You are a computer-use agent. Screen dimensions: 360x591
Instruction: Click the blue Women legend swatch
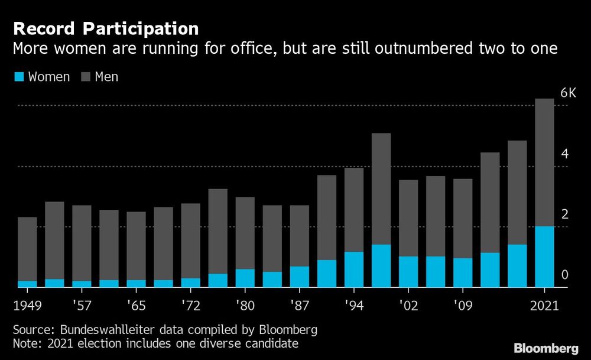click(18, 77)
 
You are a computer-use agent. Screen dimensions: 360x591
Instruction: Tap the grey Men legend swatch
click(84, 77)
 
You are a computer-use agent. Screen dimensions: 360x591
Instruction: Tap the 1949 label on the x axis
click(28, 306)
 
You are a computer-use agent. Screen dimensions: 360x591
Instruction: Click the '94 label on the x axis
click(354, 306)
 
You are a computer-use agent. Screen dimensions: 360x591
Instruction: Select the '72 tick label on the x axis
click(190, 306)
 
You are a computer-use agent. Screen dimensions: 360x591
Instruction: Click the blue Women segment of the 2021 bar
click(544, 257)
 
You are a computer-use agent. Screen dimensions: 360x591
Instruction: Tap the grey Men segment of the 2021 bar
click(544, 162)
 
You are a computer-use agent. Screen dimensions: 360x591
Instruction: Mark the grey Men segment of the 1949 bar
click(27, 249)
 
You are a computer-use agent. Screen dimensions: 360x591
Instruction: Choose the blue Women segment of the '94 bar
click(354, 270)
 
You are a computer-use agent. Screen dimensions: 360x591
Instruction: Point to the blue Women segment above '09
click(463, 273)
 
